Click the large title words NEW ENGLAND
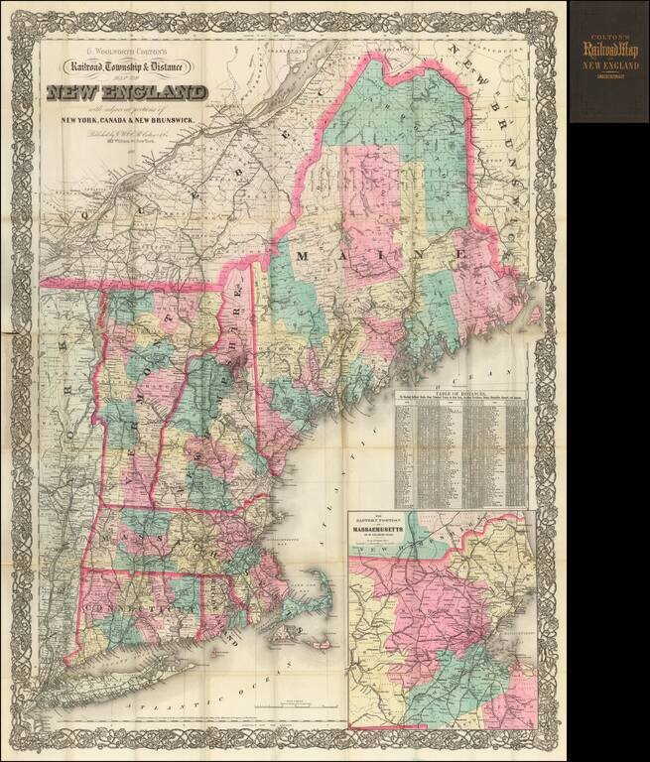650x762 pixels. click(126, 93)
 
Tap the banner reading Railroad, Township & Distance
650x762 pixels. click(128, 67)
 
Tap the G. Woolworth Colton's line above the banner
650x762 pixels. click(126, 47)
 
